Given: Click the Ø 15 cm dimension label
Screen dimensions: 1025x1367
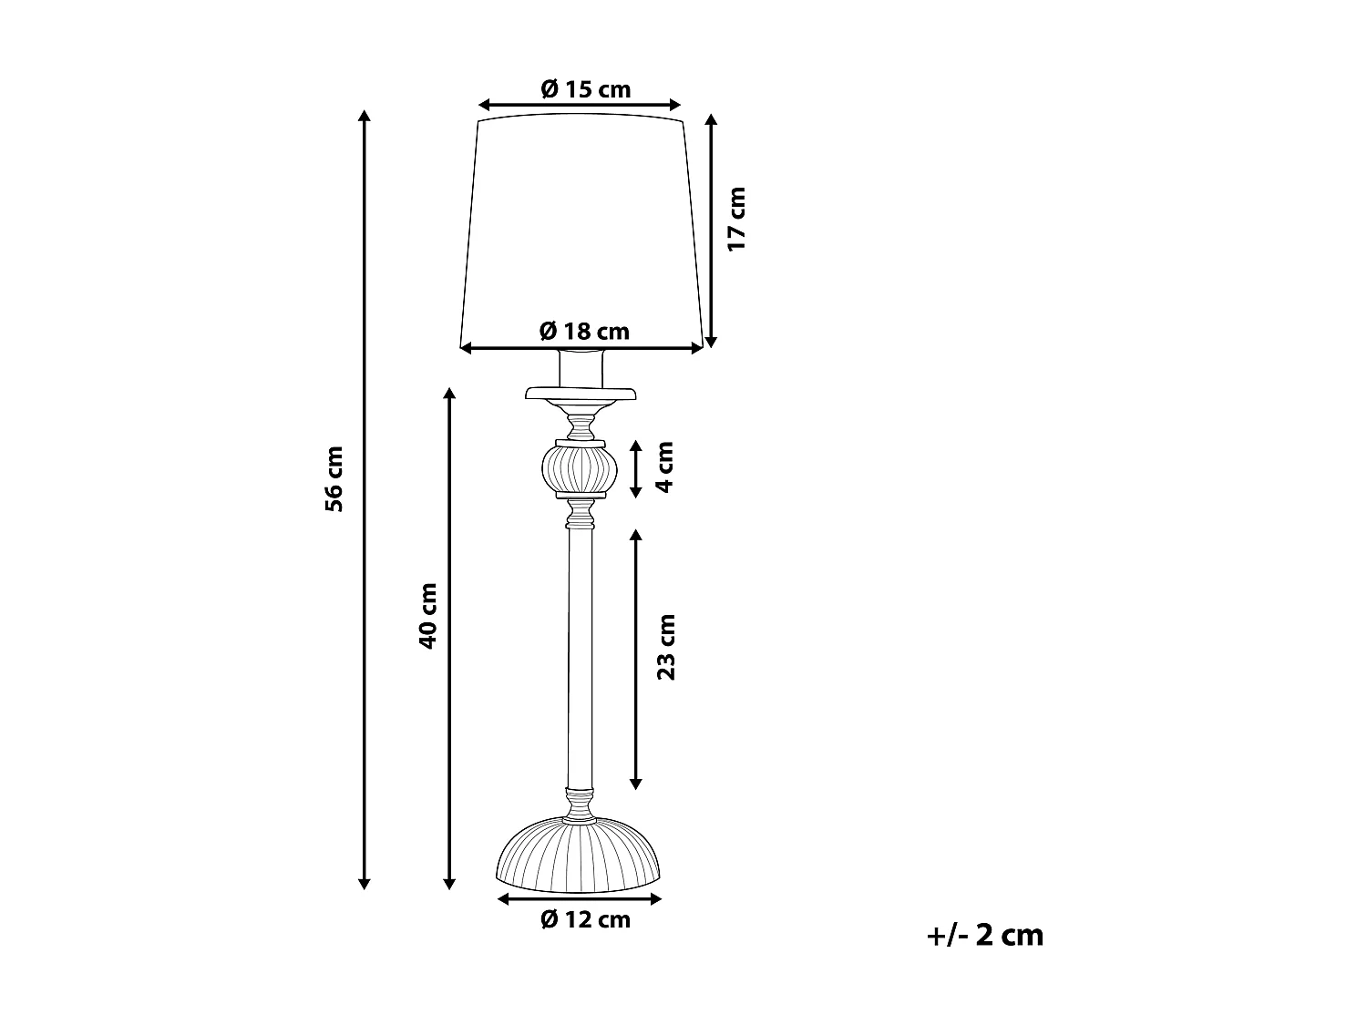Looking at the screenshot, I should (x=584, y=89).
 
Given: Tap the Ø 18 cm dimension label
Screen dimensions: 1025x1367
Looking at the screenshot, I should (x=584, y=331).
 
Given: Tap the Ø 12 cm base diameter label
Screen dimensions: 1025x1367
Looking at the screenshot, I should (x=584, y=919).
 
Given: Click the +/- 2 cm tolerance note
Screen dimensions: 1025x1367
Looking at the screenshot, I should (x=984, y=935).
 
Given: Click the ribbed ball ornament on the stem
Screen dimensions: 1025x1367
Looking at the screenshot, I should (x=580, y=469).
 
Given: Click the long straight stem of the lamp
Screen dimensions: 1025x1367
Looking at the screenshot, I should (x=580, y=656).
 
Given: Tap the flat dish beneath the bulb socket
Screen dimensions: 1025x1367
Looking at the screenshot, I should (x=580, y=395).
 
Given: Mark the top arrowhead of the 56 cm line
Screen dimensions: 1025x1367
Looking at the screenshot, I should (x=365, y=116).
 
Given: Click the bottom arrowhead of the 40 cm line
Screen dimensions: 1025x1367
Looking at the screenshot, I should (x=448, y=883).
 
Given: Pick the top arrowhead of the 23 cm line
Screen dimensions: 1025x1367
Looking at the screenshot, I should (x=636, y=533).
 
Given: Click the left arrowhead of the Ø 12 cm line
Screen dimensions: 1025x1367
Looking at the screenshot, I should (x=502, y=899).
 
